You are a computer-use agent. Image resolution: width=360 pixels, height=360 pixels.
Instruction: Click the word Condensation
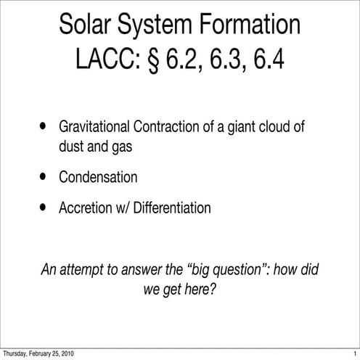tap(98, 176)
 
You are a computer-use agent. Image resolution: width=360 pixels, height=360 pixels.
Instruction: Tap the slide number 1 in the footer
tap(354, 353)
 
